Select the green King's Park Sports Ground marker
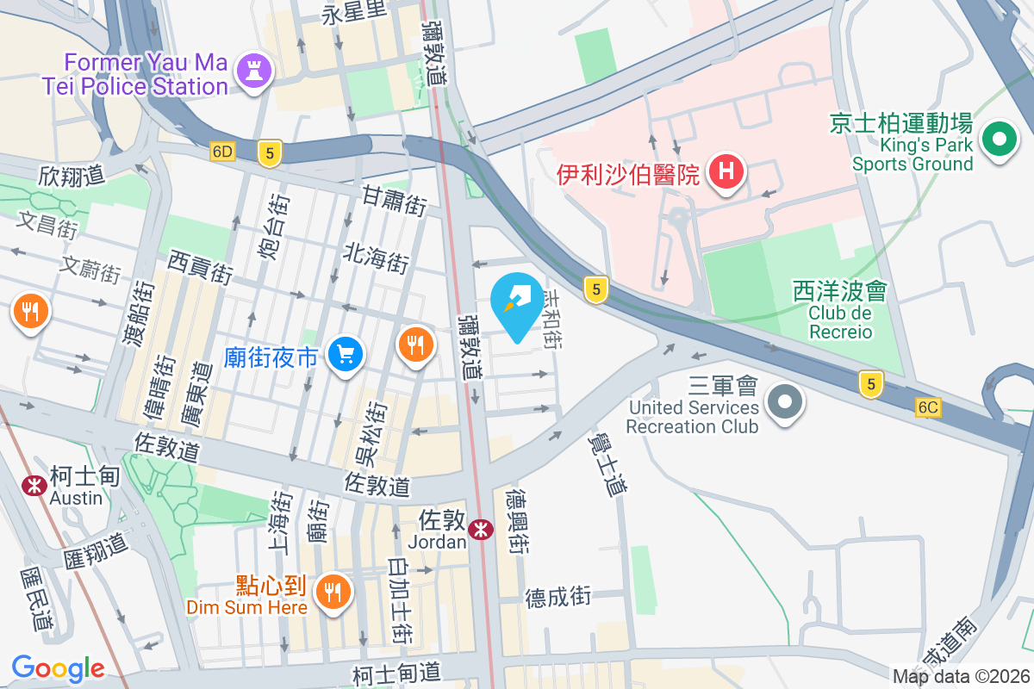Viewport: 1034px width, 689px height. pyautogui.click(x=999, y=139)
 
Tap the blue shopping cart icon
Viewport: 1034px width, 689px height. pyautogui.click(x=346, y=354)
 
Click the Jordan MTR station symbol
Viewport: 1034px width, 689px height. pyautogui.click(x=481, y=528)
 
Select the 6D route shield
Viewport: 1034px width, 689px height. pyautogui.click(x=221, y=152)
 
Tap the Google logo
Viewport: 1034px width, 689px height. pyautogui.click(x=58, y=667)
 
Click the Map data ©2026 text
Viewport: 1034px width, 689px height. pyautogui.click(x=961, y=676)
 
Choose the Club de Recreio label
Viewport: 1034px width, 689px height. pyautogui.click(x=840, y=322)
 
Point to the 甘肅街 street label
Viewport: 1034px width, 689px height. pyautogui.click(x=394, y=205)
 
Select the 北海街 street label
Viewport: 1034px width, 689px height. pyautogui.click(x=376, y=257)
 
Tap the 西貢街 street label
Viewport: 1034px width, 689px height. pyautogui.click(x=200, y=267)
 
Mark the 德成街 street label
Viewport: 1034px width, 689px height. pyautogui.click(x=558, y=596)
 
